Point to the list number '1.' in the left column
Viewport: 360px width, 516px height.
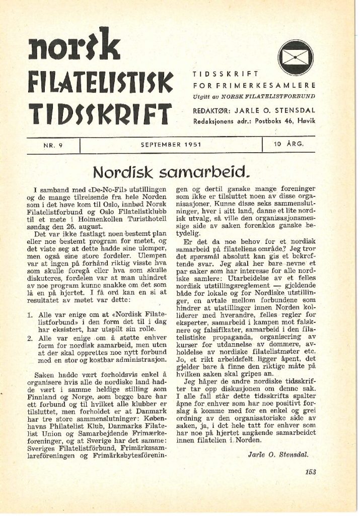tap(30, 314)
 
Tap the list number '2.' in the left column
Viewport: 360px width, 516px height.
tap(30, 338)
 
